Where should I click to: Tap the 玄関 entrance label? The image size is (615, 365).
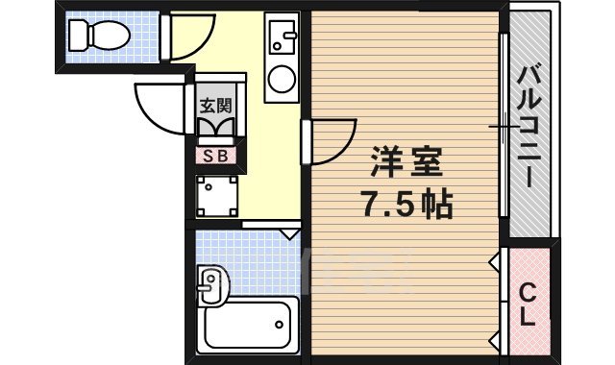214,106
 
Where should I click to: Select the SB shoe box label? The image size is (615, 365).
214,154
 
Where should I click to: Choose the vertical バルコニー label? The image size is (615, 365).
529,125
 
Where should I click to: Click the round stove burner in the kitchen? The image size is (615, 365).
282,79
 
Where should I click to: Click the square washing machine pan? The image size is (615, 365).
217,196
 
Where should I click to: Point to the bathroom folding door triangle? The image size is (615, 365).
289,232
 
